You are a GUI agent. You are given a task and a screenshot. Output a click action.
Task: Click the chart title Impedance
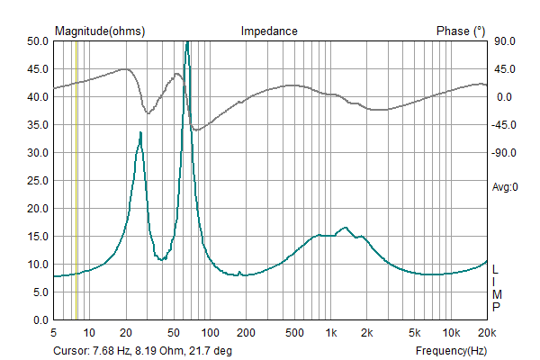click(269, 31)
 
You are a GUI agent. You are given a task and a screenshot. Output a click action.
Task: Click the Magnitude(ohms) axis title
click(100, 31)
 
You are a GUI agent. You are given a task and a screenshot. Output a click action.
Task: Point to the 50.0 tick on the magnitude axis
click(37, 41)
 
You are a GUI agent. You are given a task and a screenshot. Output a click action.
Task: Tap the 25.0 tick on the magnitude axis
click(37, 181)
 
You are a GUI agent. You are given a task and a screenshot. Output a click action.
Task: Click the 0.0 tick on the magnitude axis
click(40, 320)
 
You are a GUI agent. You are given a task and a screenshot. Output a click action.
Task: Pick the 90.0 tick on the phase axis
click(504, 41)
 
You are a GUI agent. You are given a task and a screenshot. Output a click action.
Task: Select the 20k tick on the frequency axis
click(486, 332)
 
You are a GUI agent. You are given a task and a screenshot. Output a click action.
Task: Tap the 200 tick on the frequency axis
click(246, 332)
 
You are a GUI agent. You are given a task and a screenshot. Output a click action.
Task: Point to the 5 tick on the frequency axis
click(54, 332)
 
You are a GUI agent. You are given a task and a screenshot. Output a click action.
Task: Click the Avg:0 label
click(505, 187)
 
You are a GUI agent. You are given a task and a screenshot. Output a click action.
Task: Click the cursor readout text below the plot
click(142, 351)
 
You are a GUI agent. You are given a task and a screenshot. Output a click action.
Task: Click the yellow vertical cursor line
click(76, 180)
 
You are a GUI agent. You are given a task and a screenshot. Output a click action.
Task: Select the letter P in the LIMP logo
click(496, 307)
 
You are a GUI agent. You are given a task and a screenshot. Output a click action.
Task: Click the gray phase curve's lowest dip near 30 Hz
click(148, 113)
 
